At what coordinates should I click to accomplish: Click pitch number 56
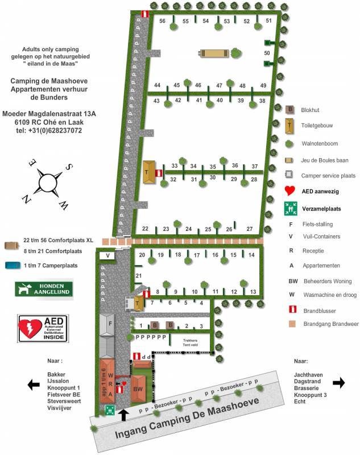[x=162, y=21]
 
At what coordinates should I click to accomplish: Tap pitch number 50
[x=266, y=53]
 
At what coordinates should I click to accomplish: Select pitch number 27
[x=250, y=229]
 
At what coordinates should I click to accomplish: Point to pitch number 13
[x=253, y=292]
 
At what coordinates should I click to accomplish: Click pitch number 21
[x=138, y=276]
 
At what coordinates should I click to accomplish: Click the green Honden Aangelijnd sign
[x=44, y=289]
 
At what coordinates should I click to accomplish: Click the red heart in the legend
[x=289, y=191]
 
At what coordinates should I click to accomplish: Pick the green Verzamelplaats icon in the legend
[x=289, y=209]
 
